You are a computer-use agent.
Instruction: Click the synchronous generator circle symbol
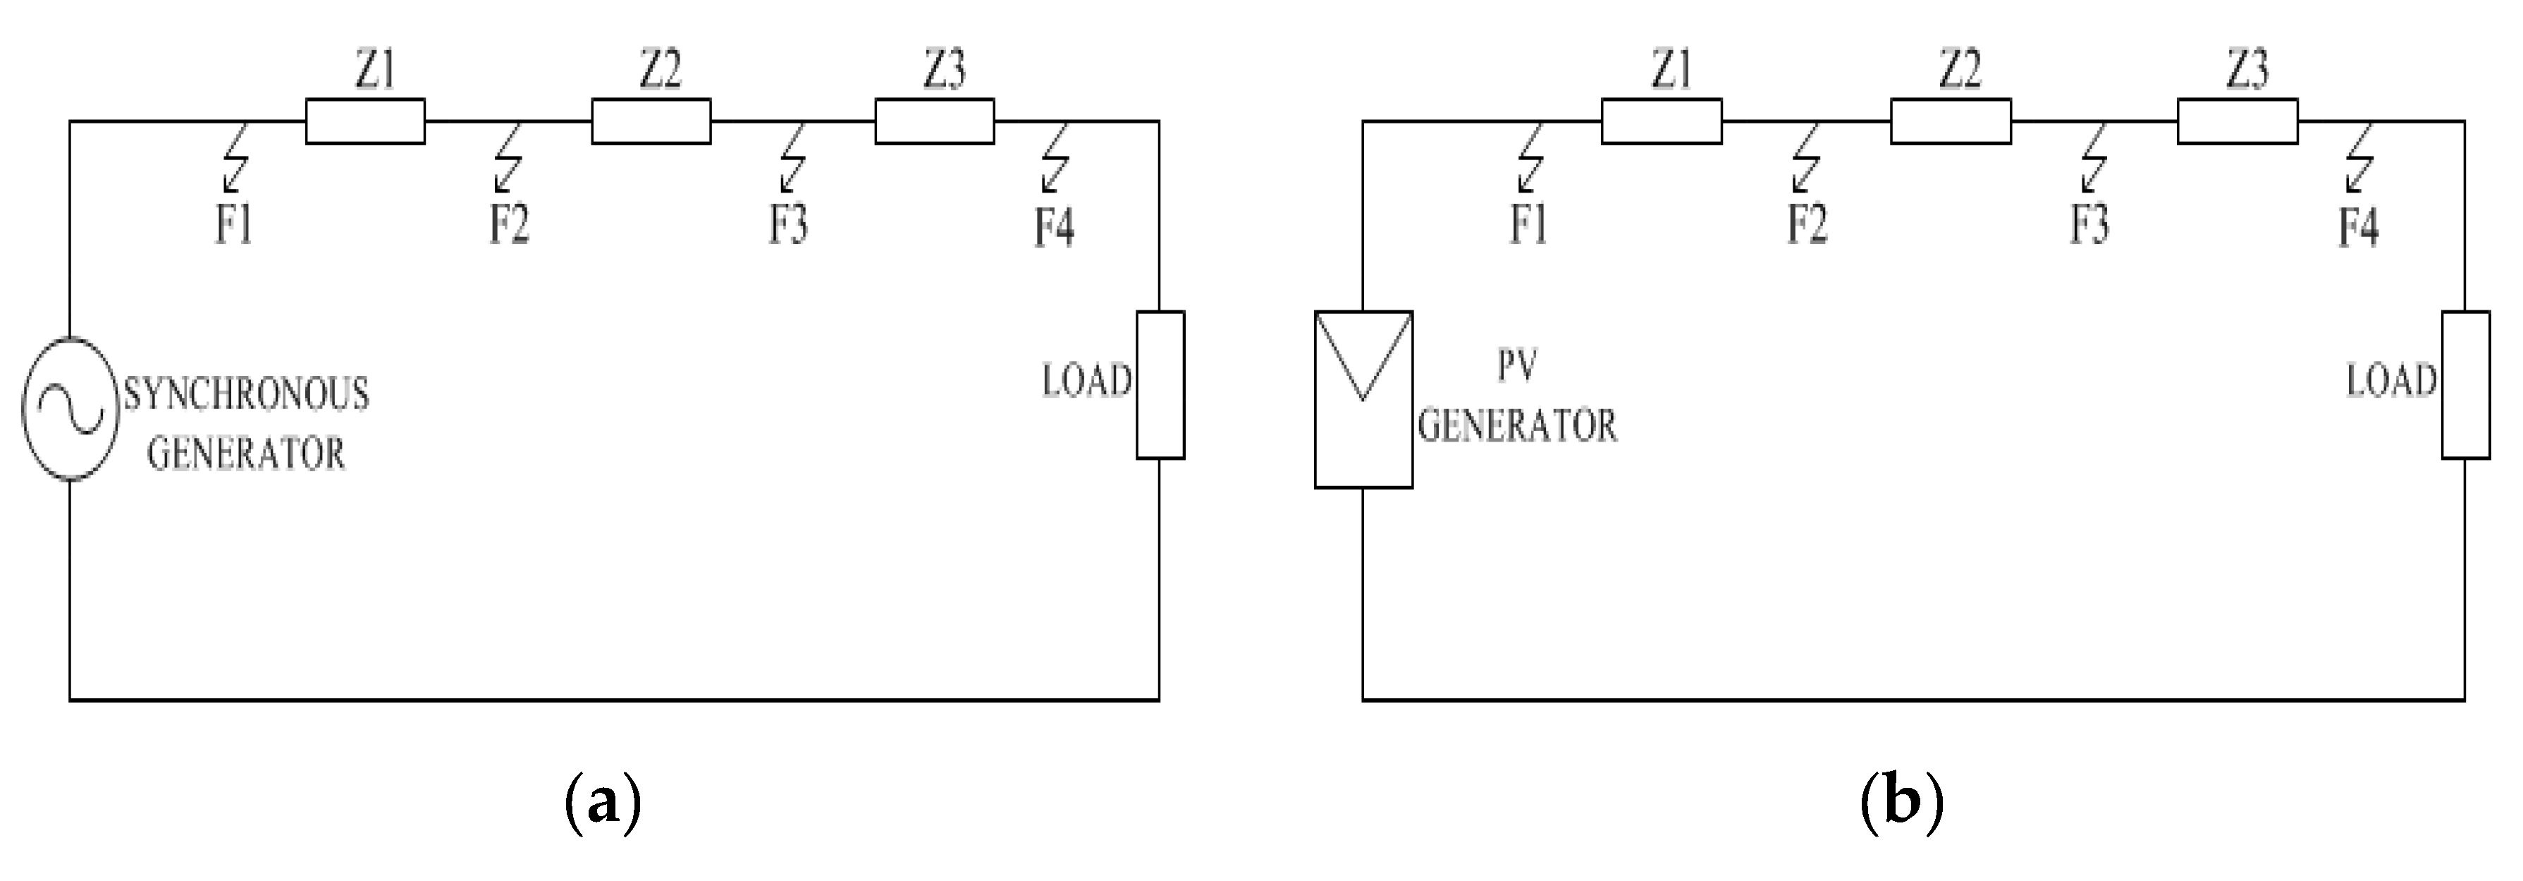pyautogui.click(x=70, y=408)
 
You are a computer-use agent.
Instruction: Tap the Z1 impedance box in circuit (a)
pyautogui.click(x=365, y=121)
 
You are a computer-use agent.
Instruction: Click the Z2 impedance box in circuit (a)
pyautogui.click(x=651, y=121)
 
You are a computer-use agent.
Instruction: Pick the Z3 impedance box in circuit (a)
pyautogui.click(x=934, y=121)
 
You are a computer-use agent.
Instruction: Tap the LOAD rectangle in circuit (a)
pyautogui.click(x=1160, y=384)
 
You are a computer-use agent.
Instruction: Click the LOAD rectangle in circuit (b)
pyautogui.click(x=2465, y=384)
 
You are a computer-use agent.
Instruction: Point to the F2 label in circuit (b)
pyautogui.click(x=1807, y=224)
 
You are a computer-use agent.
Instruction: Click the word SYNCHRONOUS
pyautogui.click(x=246, y=394)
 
